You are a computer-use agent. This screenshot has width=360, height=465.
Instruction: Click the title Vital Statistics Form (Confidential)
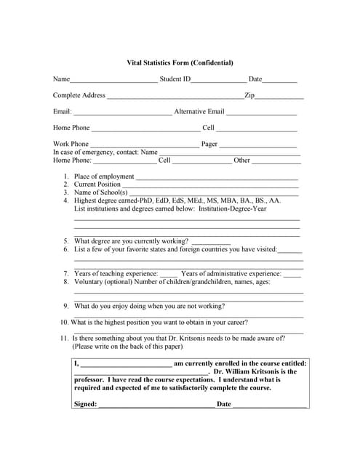click(180, 63)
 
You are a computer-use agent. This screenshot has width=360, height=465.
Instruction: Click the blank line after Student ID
click(219, 80)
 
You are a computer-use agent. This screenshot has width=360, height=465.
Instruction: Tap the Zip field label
click(249, 95)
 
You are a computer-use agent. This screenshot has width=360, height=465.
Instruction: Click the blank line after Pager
click(258, 145)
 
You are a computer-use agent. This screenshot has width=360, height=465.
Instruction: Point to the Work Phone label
click(71, 145)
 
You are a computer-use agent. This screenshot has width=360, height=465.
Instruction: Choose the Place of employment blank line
click(217, 177)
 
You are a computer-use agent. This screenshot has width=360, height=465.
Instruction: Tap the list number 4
click(65, 201)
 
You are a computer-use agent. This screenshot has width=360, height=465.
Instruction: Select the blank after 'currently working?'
click(211, 243)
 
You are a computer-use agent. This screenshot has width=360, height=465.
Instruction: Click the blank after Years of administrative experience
click(292, 275)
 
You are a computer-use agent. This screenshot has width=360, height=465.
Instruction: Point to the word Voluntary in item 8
click(89, 282)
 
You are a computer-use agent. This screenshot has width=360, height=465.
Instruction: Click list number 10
click(65, 323)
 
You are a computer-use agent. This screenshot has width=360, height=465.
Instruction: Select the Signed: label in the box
click(85, 404)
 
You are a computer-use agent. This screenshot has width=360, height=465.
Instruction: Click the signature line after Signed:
click(156, 405)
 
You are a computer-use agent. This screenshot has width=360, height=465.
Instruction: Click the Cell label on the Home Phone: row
click(164, 161)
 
